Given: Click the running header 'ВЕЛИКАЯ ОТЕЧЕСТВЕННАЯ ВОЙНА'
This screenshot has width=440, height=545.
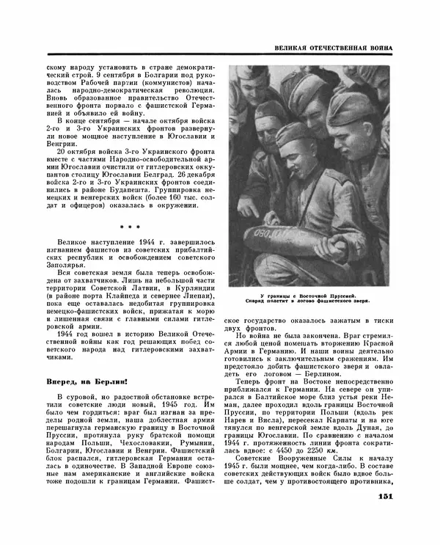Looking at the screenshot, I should [331, 48].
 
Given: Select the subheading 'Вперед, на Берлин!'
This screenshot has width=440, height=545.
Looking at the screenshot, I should [87, 381].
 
